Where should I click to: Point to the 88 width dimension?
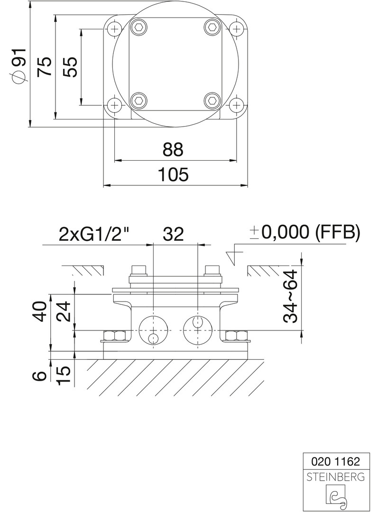173,150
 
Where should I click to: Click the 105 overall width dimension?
173,174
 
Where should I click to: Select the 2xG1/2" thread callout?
94,234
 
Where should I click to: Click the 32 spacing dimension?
173,234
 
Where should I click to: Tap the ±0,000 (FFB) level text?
305,232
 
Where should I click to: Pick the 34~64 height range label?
290,296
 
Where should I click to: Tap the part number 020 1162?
335,461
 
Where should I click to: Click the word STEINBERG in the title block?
335,476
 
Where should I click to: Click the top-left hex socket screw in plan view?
138,28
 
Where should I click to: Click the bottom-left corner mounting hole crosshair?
113,104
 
